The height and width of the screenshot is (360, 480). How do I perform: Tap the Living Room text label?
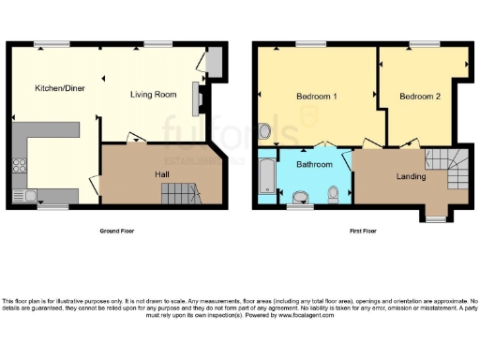click(x=153, y=95)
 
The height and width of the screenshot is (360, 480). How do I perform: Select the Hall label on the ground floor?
click(x=162, y=174)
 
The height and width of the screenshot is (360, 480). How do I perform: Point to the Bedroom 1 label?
click(x=317, y=97)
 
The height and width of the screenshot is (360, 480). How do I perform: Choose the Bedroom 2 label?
click(x=419, y=97)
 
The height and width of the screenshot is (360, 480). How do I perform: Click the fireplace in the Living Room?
click(x=197, y=97)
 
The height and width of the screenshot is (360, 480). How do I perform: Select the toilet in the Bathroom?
click(x=335, y=193)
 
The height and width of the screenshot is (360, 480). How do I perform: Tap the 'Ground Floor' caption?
click(x=116, y=230)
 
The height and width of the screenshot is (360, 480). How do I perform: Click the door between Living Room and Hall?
click(x=136, y=140)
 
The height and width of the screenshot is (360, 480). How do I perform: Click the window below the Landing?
click(x=434, y=219)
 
